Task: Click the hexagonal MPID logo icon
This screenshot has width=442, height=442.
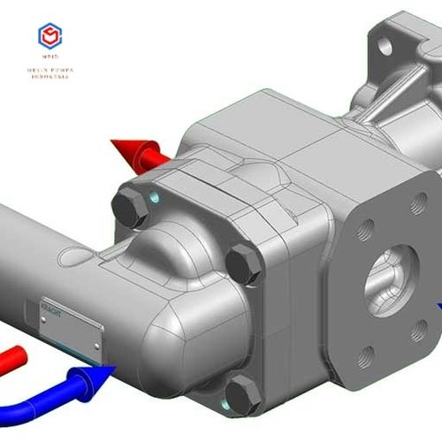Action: pos(50,36)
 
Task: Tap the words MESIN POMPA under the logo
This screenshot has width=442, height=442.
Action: pos(50,69)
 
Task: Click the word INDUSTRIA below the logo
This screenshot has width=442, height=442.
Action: pos(50,77)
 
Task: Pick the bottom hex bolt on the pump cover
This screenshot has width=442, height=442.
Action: pos(243,393)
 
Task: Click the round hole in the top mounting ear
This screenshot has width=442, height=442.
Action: pos(386,44)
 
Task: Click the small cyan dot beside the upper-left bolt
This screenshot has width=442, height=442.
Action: pos(156,197)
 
